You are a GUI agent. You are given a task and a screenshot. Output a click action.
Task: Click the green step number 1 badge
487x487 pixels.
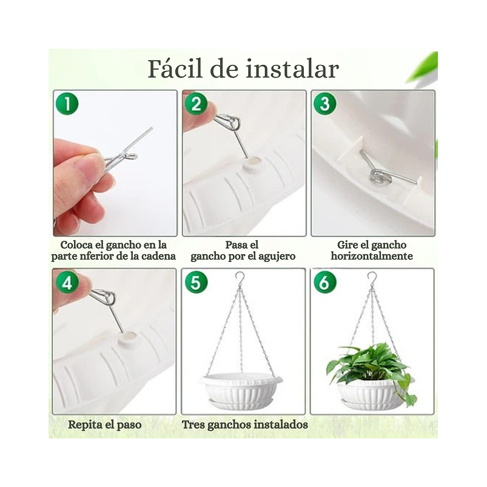(x=67, y=103)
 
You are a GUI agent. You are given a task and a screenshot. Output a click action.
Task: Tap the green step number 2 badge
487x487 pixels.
(x=195, y=103)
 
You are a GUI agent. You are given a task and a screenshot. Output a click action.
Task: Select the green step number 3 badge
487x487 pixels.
(x=325, y=103)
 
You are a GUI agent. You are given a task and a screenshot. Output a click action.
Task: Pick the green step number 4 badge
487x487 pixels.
(x=67, y=281)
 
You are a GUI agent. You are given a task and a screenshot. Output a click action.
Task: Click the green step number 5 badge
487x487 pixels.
(x=196, y=281)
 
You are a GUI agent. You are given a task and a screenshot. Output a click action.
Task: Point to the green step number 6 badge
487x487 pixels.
(x=325, y=281)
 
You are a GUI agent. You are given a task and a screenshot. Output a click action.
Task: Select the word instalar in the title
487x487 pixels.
(x=291, y=69)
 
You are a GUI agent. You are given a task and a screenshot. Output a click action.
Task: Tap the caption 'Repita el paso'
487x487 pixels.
(x=104, y=425)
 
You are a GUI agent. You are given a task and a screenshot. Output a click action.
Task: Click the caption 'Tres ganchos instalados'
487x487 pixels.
(x=245, y=425)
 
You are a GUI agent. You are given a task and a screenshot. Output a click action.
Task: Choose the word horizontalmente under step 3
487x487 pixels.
(x=372, y=257)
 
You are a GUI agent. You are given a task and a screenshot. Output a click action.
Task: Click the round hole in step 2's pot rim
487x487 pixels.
(x=250, y=163)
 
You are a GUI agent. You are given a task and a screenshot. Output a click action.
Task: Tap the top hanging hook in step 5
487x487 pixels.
(x=240, y=279)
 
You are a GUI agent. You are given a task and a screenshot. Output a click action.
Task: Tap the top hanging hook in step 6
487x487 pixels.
(x=372, y=279)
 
